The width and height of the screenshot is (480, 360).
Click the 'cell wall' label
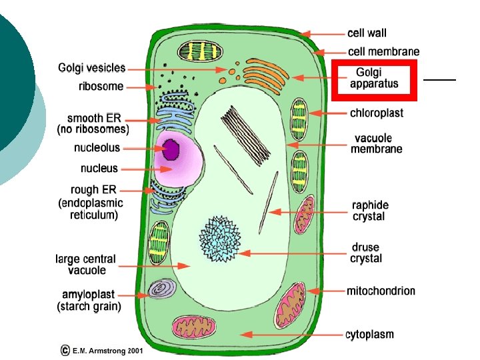(x=367, y=33)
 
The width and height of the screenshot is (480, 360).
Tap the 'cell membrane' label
(x=383, y=51)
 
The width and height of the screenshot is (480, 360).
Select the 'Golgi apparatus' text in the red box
(x=374, y=78)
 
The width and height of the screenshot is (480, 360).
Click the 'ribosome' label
(x=101, y=86)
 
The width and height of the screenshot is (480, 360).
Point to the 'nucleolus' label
(x=97, y=147)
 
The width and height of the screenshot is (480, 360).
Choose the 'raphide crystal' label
(x=371, y=211)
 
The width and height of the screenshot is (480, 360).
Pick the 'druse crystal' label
(x=366, y=253)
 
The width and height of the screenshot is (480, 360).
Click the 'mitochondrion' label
(x=381, y=291)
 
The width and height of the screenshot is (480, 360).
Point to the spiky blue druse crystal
(x=220, y=239)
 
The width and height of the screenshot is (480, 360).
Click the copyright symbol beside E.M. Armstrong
(x=65, y=349)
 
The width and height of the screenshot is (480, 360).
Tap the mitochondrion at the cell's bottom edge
(x=193, y=327)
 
